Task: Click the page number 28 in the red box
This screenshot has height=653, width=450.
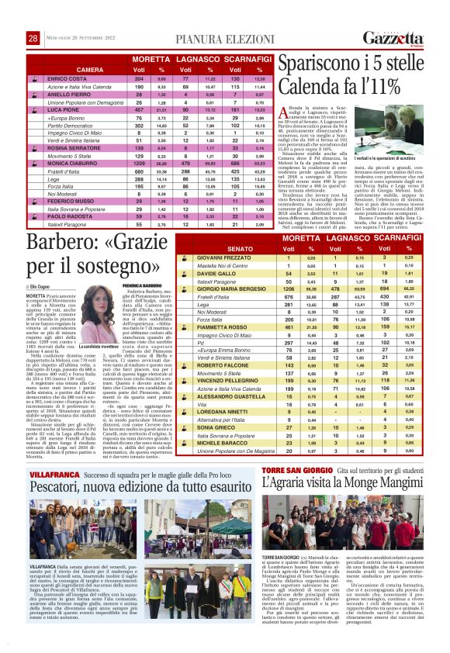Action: click(x=33, y=37)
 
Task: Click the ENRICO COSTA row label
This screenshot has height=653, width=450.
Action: click(x=66, y=79)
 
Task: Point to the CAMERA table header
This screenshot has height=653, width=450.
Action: click(x=90, y=69)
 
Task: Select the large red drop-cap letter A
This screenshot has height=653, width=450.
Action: click(x=284, y=116)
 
